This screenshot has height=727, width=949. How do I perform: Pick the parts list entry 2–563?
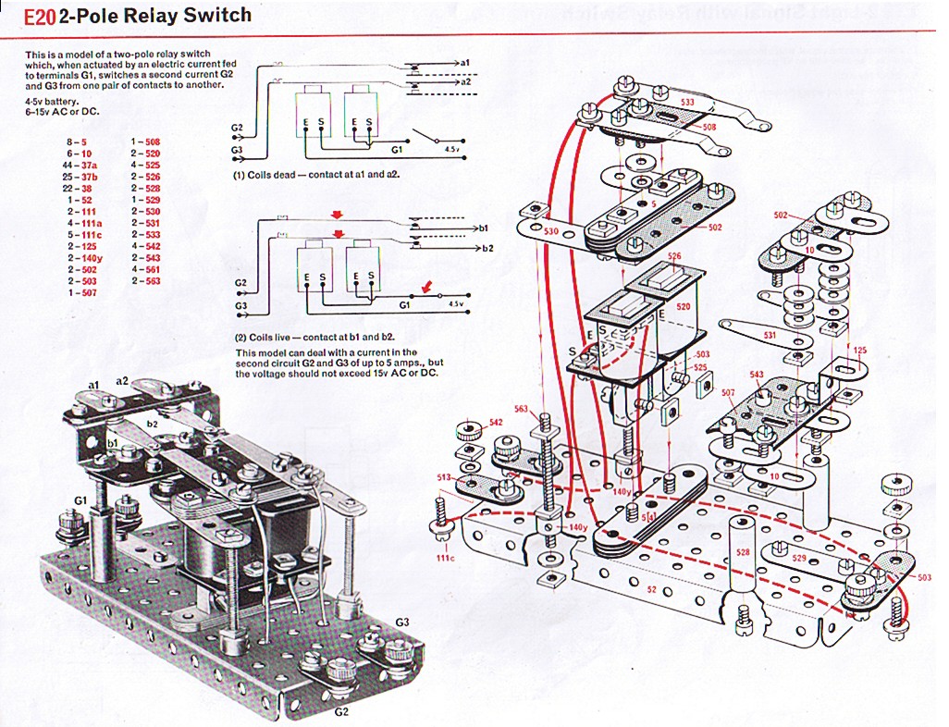pos(145,281)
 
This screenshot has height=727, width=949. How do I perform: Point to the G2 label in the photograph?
pos(340,711)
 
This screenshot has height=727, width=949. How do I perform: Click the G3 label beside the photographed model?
pos(402,621)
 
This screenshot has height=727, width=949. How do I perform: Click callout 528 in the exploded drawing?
pos(742,552)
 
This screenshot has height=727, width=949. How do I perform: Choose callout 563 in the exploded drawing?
pos(521,410)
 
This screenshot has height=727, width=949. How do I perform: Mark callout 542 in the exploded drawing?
pos(496,422)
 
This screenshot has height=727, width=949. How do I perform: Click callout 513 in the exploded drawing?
pos(444,476)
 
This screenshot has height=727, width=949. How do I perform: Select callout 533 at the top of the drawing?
pos(688,101)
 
